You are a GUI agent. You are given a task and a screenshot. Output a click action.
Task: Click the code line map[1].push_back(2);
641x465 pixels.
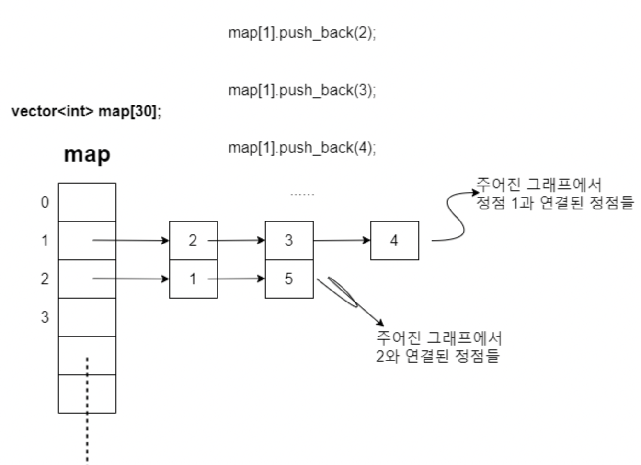click(x=302, y=33)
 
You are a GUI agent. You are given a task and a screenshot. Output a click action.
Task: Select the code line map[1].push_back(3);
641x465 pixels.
click(x=302, y=90)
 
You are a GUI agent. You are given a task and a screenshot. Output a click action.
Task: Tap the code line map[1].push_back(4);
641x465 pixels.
click(x=302, y=148)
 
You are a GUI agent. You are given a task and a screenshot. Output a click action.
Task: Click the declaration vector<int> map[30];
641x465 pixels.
click(x=87, y=112)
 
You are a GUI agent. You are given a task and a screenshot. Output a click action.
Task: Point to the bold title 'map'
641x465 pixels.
click(x=87, y=154)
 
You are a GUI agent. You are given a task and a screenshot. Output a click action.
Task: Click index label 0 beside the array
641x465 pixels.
click(x=45, y=202)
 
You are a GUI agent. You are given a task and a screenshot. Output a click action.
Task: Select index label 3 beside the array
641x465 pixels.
click(x=45, y=317)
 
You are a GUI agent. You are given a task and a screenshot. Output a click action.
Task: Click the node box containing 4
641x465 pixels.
click(x=394, y=241)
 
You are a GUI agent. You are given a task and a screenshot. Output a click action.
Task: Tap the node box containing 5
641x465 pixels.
click(x=289, y=279)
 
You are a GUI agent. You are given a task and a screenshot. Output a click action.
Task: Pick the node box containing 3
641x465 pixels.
click(x=289, y=241)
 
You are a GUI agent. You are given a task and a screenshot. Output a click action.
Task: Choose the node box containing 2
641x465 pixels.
click(x=193, y=241)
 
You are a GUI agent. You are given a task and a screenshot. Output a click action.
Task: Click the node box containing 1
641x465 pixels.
click(x=193, y=279)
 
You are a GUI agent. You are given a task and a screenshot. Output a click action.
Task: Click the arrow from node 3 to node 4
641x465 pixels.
click(x=342, y=240)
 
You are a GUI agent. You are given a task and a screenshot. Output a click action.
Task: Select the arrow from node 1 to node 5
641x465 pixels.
click(x=237, y=279)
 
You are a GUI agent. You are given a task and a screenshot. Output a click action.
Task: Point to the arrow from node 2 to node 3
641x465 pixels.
click(x=237, y=240)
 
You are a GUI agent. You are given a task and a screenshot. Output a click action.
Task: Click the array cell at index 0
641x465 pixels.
click(x=87, y=202)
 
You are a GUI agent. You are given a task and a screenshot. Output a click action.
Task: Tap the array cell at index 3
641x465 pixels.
click(x=87, y=317)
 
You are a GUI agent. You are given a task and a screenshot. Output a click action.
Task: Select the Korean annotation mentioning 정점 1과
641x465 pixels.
click(x=554, y=194)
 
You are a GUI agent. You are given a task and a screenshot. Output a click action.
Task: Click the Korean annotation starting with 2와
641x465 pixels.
click(x=438, y=347)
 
